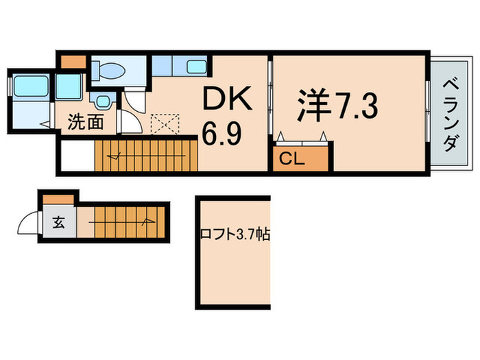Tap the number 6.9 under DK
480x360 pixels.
(x=221, y=133)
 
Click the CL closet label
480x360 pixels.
(x=291, y=160)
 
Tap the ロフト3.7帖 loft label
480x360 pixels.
(x=235, y=235)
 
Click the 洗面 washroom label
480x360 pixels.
(x=85, y=123)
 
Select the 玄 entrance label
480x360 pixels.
(x=59, y=224)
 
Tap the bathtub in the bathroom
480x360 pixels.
(x=31, y=87)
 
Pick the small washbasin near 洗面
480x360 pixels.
(x=103, y=101)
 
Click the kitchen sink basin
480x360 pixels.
(x=196, y=67)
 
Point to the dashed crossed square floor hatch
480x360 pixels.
(x=164, y=124)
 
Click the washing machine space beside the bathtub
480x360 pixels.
(x=69, y=87)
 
